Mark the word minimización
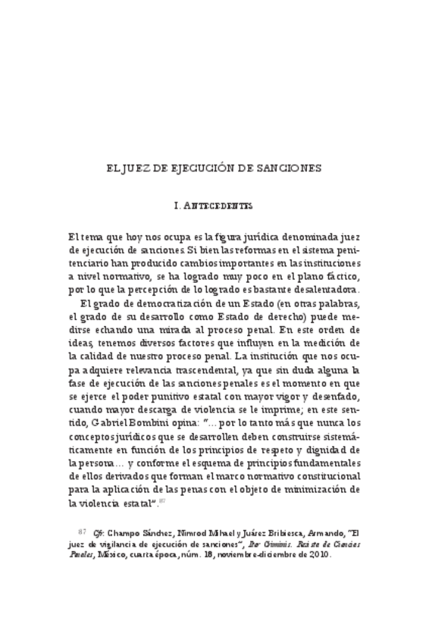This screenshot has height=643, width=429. (324, 489)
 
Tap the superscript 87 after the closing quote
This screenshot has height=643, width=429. (161, 500)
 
